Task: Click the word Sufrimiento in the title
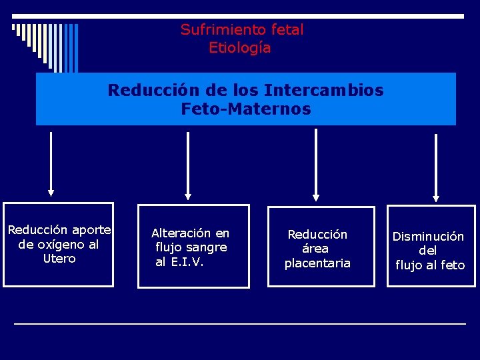coord(217,30)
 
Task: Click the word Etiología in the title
coord(240,48)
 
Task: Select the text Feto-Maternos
coord(246,109)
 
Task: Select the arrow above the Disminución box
coord(436,167)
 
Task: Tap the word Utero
coord(59,259)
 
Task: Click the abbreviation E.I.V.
coord(189,262)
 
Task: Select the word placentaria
coord(317,263)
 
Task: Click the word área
coord(315,249)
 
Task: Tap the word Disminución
coord(428,237)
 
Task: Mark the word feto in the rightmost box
coord(452,265)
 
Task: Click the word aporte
coord(91,230)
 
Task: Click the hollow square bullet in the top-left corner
coord(13,27)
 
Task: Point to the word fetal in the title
coord(287,30)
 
